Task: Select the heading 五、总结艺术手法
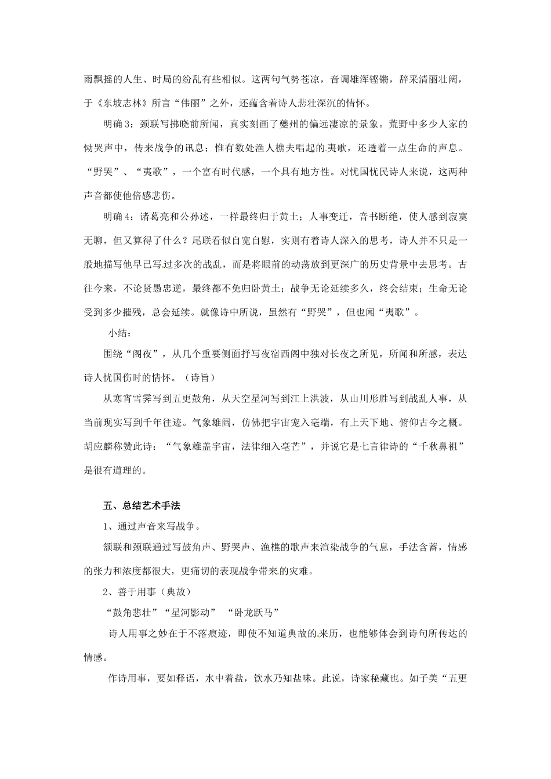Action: [142, 506]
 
